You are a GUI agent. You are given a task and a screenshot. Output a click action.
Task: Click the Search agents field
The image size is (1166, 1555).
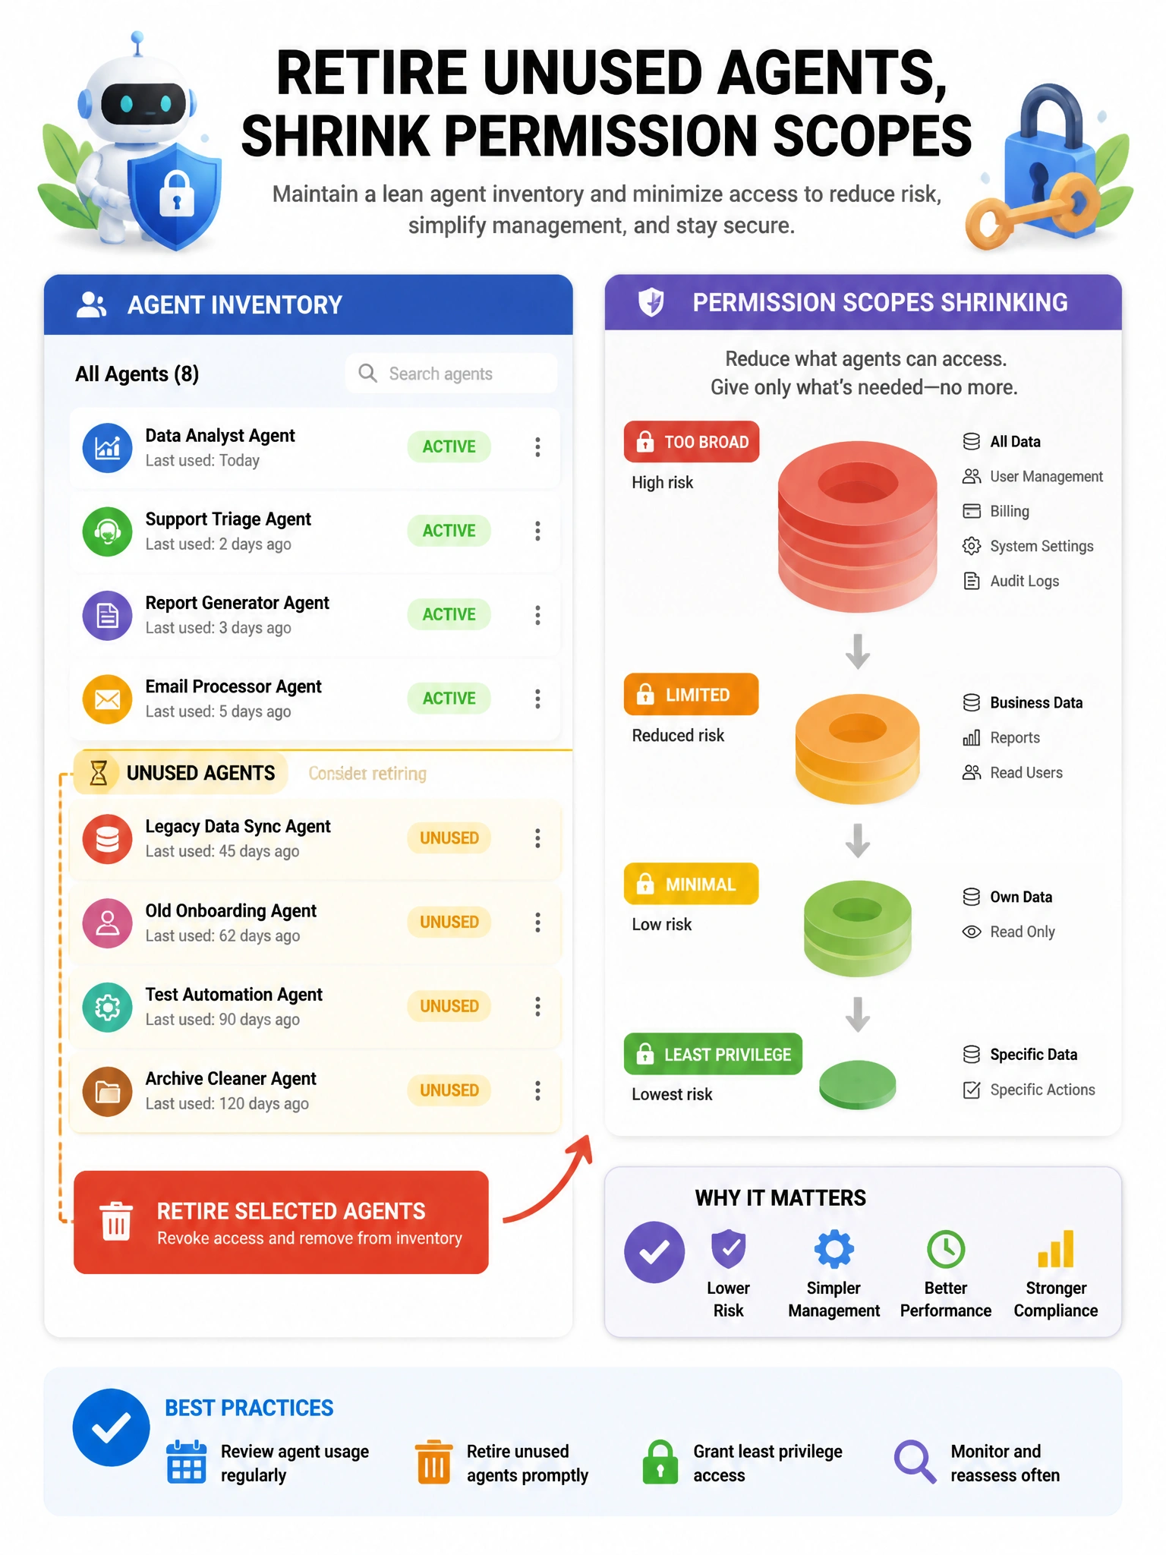click(x=451, y=373)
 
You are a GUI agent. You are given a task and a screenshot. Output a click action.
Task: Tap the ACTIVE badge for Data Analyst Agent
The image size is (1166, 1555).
click(x=449, y=446)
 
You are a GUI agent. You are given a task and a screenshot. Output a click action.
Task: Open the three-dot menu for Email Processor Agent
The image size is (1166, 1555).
click(x=537, y=699)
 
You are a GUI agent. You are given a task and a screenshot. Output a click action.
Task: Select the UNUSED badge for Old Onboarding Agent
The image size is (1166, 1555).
click(x=449, y=922)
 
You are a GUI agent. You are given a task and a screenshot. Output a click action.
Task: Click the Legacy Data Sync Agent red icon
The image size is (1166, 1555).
click(x=107, y=838)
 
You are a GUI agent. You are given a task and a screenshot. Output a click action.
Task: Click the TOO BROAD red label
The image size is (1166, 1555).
click(x=692, y=442)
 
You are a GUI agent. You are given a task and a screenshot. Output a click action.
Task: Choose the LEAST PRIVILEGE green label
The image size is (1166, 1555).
click(x=713, y=1054)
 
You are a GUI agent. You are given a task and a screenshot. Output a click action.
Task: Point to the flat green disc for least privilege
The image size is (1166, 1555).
click(x=858, y=1084)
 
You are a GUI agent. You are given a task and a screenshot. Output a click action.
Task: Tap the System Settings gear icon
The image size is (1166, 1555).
click(x=972, y=546)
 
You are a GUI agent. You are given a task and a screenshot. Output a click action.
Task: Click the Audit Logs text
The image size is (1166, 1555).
click(x=1025, y=581)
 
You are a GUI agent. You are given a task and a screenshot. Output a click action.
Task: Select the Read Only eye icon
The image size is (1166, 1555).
click(x=972, y=932)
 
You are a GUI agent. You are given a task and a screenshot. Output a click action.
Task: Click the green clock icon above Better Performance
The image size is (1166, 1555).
click(x=946, y=1249)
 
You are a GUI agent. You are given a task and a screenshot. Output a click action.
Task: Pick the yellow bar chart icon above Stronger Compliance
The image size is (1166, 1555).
click(x=1056, y=1249)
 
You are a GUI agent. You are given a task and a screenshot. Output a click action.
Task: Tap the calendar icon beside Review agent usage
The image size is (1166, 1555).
click(x=186, y=1462)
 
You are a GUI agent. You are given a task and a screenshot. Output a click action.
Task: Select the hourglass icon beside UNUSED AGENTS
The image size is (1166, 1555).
click(x=99, y=773)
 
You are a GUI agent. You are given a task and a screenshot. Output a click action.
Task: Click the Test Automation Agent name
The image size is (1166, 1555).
click(x=234, y=994)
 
